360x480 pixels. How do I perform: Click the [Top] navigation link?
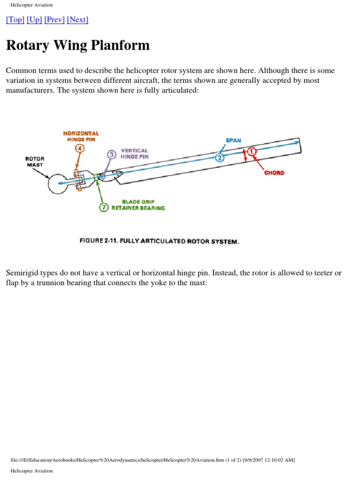15,20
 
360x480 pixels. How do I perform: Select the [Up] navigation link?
34,20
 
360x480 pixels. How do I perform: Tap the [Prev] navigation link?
54,20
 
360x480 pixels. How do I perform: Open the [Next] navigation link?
77,20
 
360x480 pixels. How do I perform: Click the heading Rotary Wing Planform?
78,45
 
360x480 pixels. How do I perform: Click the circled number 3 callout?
112,155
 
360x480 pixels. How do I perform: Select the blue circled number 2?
219,157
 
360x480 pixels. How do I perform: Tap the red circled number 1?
252,151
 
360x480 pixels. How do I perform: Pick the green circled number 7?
104,207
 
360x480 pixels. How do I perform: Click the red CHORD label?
274,173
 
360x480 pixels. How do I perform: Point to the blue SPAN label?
233,141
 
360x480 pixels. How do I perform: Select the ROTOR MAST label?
34,162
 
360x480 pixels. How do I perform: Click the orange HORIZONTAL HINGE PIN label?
81,136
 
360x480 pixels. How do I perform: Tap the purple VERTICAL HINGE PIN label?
135,154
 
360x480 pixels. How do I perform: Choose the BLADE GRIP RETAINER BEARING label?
138,205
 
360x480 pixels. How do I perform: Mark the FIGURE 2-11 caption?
159,241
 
